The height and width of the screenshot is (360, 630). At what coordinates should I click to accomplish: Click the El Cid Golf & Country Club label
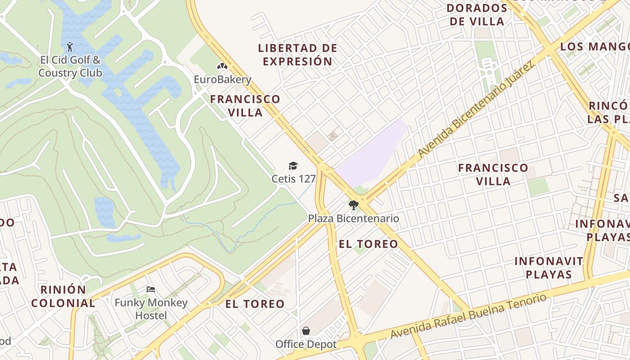click(x=70, y=66)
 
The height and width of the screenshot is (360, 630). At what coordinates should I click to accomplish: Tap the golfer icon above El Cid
click(x=70, y=46)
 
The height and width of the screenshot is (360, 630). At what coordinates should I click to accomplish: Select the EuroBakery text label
click(x=222, y=80)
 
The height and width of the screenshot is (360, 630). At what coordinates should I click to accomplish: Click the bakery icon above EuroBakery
click(x=222, y=67)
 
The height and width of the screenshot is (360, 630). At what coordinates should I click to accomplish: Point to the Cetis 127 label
click(x=293, y=179)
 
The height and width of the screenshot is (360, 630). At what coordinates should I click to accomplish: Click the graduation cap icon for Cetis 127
click(x=293, y=166)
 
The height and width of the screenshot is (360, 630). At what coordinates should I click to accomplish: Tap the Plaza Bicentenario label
click(x=353, y=218)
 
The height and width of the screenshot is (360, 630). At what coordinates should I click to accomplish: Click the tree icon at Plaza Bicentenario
click(x=354, y=205)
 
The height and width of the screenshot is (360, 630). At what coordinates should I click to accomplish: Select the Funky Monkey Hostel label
click(x=151, y=309)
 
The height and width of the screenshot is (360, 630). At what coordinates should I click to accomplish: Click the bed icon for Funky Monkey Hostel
click(x=151, y=289)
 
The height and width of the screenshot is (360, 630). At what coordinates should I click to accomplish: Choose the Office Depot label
click(x=306, y=344)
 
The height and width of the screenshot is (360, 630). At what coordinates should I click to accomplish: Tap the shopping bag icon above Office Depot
click(x=306, y=331)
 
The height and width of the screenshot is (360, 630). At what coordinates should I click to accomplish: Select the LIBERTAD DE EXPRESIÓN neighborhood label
click(x=297, y=54)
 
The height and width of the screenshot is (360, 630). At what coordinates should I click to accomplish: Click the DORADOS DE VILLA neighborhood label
click(x=477, y=14)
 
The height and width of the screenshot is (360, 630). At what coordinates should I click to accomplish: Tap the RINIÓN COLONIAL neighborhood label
click(x=63, y=296)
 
